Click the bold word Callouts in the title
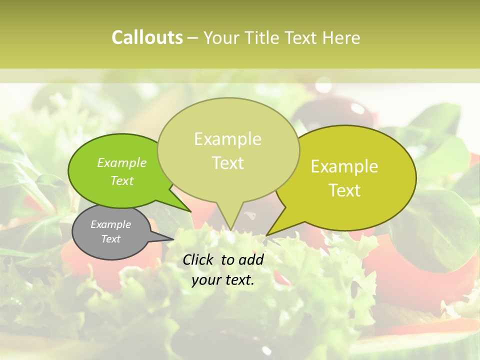tap(147, 37)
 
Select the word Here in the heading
tap(341, 37)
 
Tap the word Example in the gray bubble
tap(110, 224)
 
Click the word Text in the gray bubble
tap(110, 239)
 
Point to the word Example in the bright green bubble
tap(121, 162)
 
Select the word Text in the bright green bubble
tap(121, 180)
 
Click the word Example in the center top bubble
tap(227, 139)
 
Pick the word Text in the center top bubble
tap(227, 162)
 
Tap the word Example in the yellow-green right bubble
tap(344, 166)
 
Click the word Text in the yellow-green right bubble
tap(344, 190)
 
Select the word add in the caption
tap(252, 259)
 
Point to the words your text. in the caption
tap(223, 280)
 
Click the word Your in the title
tap(221, 37)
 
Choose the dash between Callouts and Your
tap(193, 37)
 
